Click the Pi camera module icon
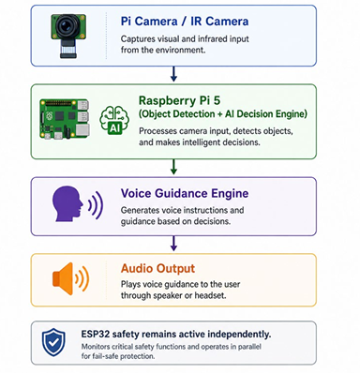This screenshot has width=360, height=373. click(68, 36)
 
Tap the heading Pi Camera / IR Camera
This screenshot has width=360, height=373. click(185, 22)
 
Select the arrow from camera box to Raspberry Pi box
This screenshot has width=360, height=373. click(173, 74)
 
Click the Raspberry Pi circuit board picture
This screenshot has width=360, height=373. click(65, 119)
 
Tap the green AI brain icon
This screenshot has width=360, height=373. click(114, 120)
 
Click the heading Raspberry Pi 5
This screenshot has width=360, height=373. click(179, 100)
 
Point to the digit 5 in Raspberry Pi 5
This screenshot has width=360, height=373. click(217, 100)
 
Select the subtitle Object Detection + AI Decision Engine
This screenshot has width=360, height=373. click(223, 114)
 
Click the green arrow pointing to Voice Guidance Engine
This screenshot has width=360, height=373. click(173, 167)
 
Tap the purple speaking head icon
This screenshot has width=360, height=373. click(78, 204)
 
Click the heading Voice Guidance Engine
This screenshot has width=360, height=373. click(185, 193)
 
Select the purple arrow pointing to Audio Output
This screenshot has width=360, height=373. click(173, 244)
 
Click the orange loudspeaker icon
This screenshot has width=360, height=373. click(70, 279)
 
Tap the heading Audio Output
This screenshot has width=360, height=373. click(157, 269)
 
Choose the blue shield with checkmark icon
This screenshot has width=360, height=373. click(53, 342)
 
